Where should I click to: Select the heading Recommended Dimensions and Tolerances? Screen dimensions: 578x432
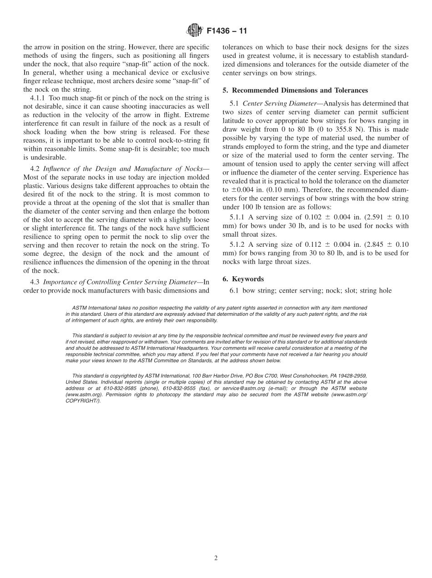[x=300, y=90]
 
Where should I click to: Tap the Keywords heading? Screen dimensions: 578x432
[x=248, y=279]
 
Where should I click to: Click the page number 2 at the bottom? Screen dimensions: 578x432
[x=216, y=558]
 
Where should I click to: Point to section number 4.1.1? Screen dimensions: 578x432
[x=40, y=98]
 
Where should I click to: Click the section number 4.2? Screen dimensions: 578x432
[x=36, y=169]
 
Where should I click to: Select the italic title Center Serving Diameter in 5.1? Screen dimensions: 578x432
[x=279, y=104]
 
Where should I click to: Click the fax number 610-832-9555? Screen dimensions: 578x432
[x=178, y=389]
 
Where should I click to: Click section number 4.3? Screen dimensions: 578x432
[x=36, y=282]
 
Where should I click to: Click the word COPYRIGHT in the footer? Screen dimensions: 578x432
[x=83, y=401]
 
